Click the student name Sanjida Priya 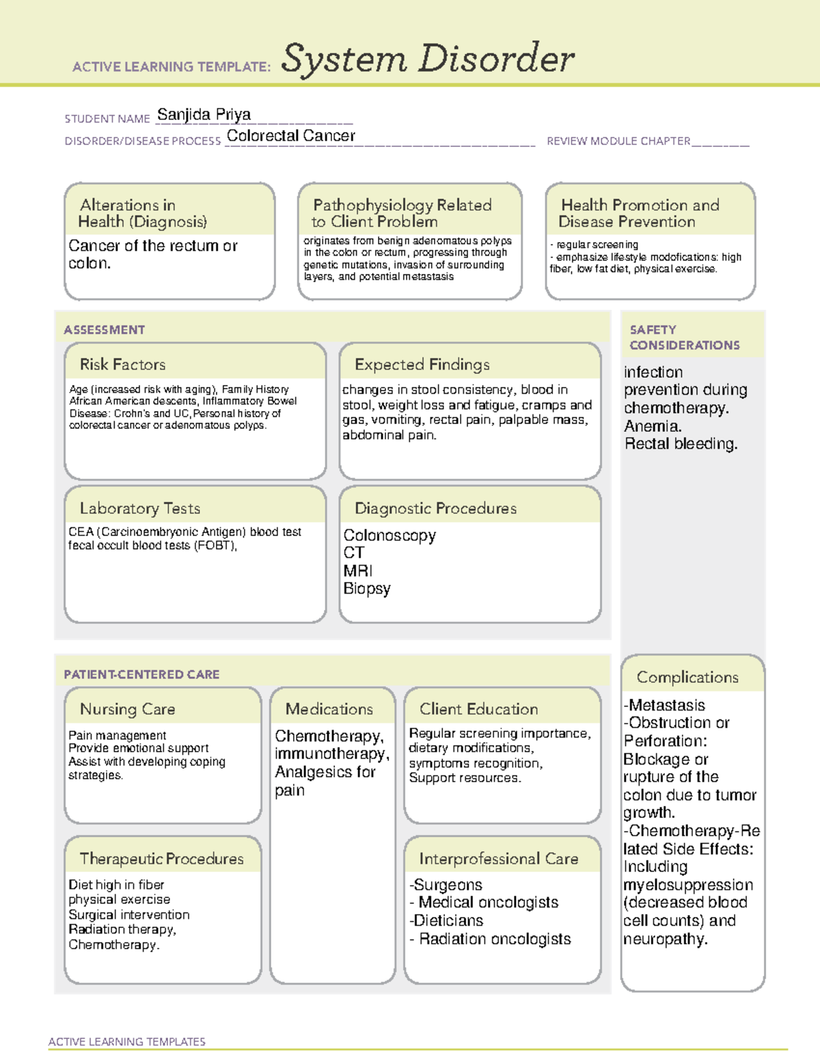204,114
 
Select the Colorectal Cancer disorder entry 290,136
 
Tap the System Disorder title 428,59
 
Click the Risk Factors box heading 122,364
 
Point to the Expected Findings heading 422,364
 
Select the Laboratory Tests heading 139,508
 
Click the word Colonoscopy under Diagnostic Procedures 389,535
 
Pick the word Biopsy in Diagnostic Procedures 367,589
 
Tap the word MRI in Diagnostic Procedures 357,571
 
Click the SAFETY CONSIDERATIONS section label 684,338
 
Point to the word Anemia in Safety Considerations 652,426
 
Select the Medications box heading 329,709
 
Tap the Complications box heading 687,677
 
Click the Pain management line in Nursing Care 117,735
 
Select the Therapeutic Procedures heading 161,858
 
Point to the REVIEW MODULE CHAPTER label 618,141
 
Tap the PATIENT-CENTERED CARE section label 141,674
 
